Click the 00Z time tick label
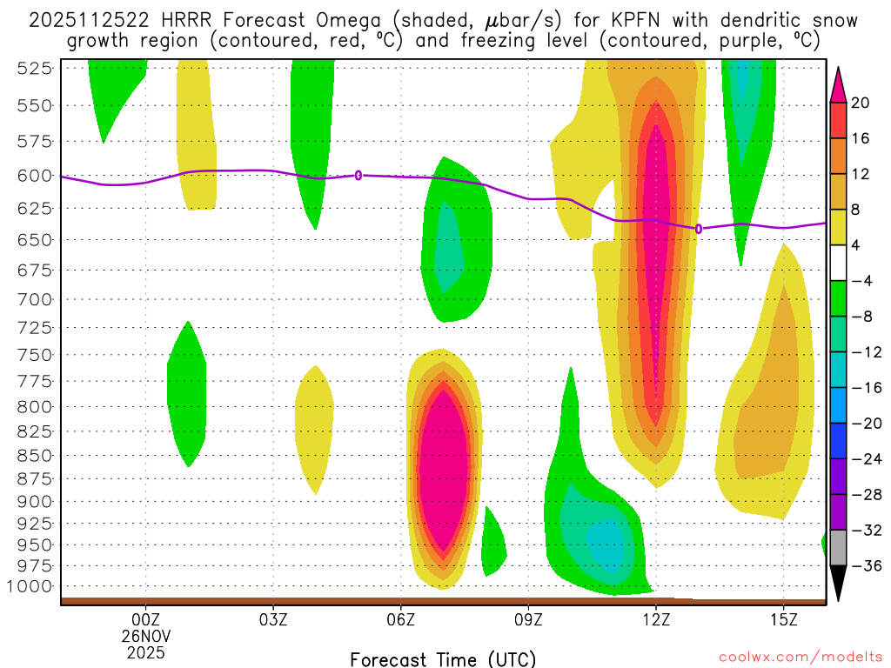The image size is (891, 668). pos(145,619)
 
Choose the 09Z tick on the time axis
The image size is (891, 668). pos(529,619)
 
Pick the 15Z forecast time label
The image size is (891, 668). pos(784,619)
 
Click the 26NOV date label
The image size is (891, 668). pos(145,635)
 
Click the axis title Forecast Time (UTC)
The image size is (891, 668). pos(443,658)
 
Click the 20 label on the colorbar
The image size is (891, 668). pos(860,103)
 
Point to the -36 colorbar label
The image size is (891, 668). pos(863,565)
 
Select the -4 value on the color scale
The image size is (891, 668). pos(860,281)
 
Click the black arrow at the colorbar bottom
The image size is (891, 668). pos(838,584)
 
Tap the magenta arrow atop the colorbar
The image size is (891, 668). pos(838,83)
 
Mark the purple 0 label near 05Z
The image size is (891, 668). pos(358,175)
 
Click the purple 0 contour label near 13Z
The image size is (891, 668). pos(699,229)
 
